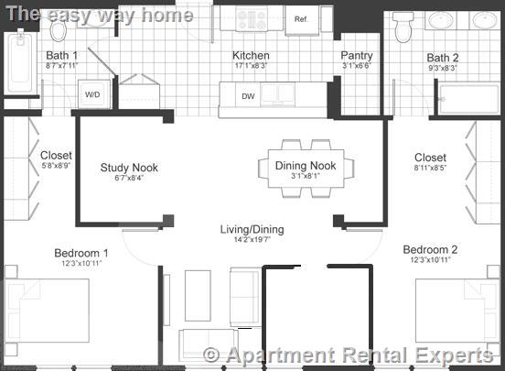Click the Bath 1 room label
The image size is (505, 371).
point(62,56)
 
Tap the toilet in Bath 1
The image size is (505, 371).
point(59,30)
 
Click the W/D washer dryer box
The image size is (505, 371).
point(93,94)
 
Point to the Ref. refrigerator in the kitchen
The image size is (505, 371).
point(301,18)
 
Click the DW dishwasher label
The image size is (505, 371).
point(247,95)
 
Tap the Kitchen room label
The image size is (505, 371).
point(251,55)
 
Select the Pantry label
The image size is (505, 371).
point(357,56)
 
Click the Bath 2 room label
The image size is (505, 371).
point(442,58)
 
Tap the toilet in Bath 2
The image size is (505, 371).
point(403,30)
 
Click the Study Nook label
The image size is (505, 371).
point(128,167)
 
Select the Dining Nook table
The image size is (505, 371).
point(306,167)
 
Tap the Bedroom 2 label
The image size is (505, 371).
point(430,249)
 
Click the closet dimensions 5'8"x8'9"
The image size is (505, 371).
point(56,168)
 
